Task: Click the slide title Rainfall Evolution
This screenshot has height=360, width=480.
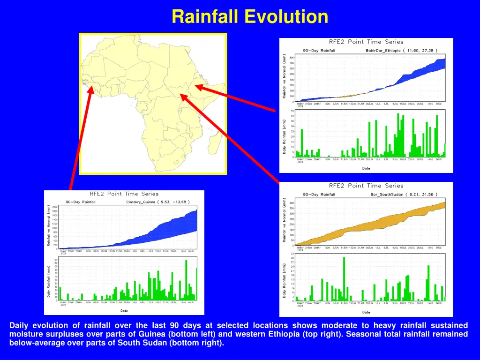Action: pyautogui.click(x=249, y=17)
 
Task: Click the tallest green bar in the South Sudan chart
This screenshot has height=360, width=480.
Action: pyautogui.click(x=344, y=278)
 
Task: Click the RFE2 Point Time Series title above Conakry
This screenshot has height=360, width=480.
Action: pyautogui.click(x=124, y=194)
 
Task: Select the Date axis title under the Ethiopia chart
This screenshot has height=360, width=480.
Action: pyautogui.click(x=366, y=168)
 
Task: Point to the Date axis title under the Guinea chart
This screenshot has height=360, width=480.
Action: pyautogui.click(x=124, y=310)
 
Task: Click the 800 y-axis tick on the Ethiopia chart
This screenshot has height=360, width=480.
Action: pyautogui.click(x=292, y=58)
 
